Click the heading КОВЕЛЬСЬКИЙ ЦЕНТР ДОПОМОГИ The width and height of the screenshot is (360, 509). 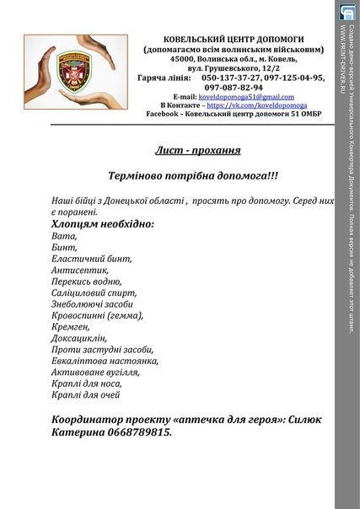click(x=234, y=39)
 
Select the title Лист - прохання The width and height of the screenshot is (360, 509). click(x=197, y=151)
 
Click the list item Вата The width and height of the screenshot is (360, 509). click(x=62, y=238)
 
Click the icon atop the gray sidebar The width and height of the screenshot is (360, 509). click(x=347, y=11)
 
